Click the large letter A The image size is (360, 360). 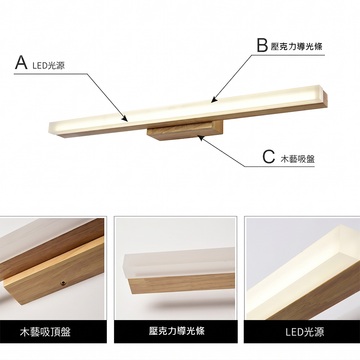click(21, 62)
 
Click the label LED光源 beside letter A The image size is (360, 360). click(49, 66)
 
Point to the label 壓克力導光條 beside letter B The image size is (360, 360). click(297, 46)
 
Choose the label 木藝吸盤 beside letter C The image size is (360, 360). click(297, 159)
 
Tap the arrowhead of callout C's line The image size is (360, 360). click(199, 136)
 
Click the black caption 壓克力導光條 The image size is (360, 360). click(177, 331)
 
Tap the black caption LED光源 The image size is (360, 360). click(305, 332)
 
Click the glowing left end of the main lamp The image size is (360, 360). click(58, 128)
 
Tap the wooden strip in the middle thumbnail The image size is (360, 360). click(180, 284)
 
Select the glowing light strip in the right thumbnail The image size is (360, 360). click(299, 274)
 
